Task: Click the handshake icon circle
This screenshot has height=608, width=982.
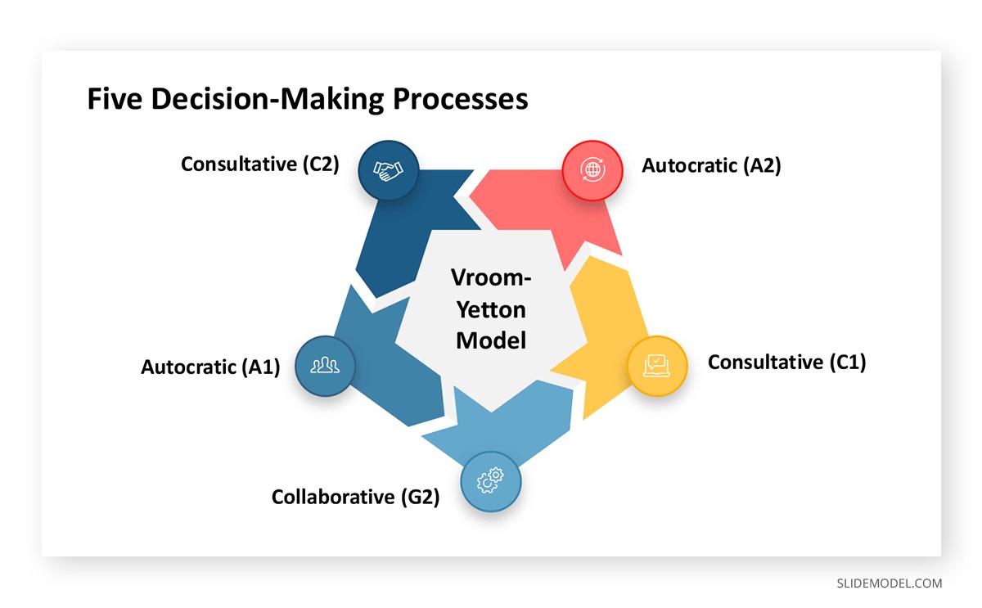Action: pyautogui.click(x=389, y=170)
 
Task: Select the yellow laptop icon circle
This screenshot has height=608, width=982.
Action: pyautogui.click(x=657, y=366)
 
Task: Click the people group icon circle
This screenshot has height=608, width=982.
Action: pyautogui.click(x=325, y=366)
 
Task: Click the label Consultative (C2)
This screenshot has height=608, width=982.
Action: pyautogui.click(x=260, y=164)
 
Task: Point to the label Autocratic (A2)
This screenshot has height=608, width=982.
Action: pyautogui.click(x=711, y=165)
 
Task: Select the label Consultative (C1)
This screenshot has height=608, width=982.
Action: pyautogui.click(x=786, y=362)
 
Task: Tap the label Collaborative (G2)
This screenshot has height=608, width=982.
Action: pyautogui.click(x=355, y=497)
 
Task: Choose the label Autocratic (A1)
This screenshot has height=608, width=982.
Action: pyautogui.click(x=210, y=367)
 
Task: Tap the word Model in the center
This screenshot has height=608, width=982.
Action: pyautogui.click(x=491, y=340)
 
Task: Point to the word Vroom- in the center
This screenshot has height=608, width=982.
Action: pyautogui.click(x=491, y=278)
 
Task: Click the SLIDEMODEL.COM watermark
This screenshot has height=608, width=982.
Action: pyautogui.click(x=889, y=583)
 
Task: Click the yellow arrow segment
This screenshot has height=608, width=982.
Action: pyautogui.click(x=601, y=327)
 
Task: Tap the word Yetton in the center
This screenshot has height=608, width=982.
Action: pyautogui.click(x=491, y=309)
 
